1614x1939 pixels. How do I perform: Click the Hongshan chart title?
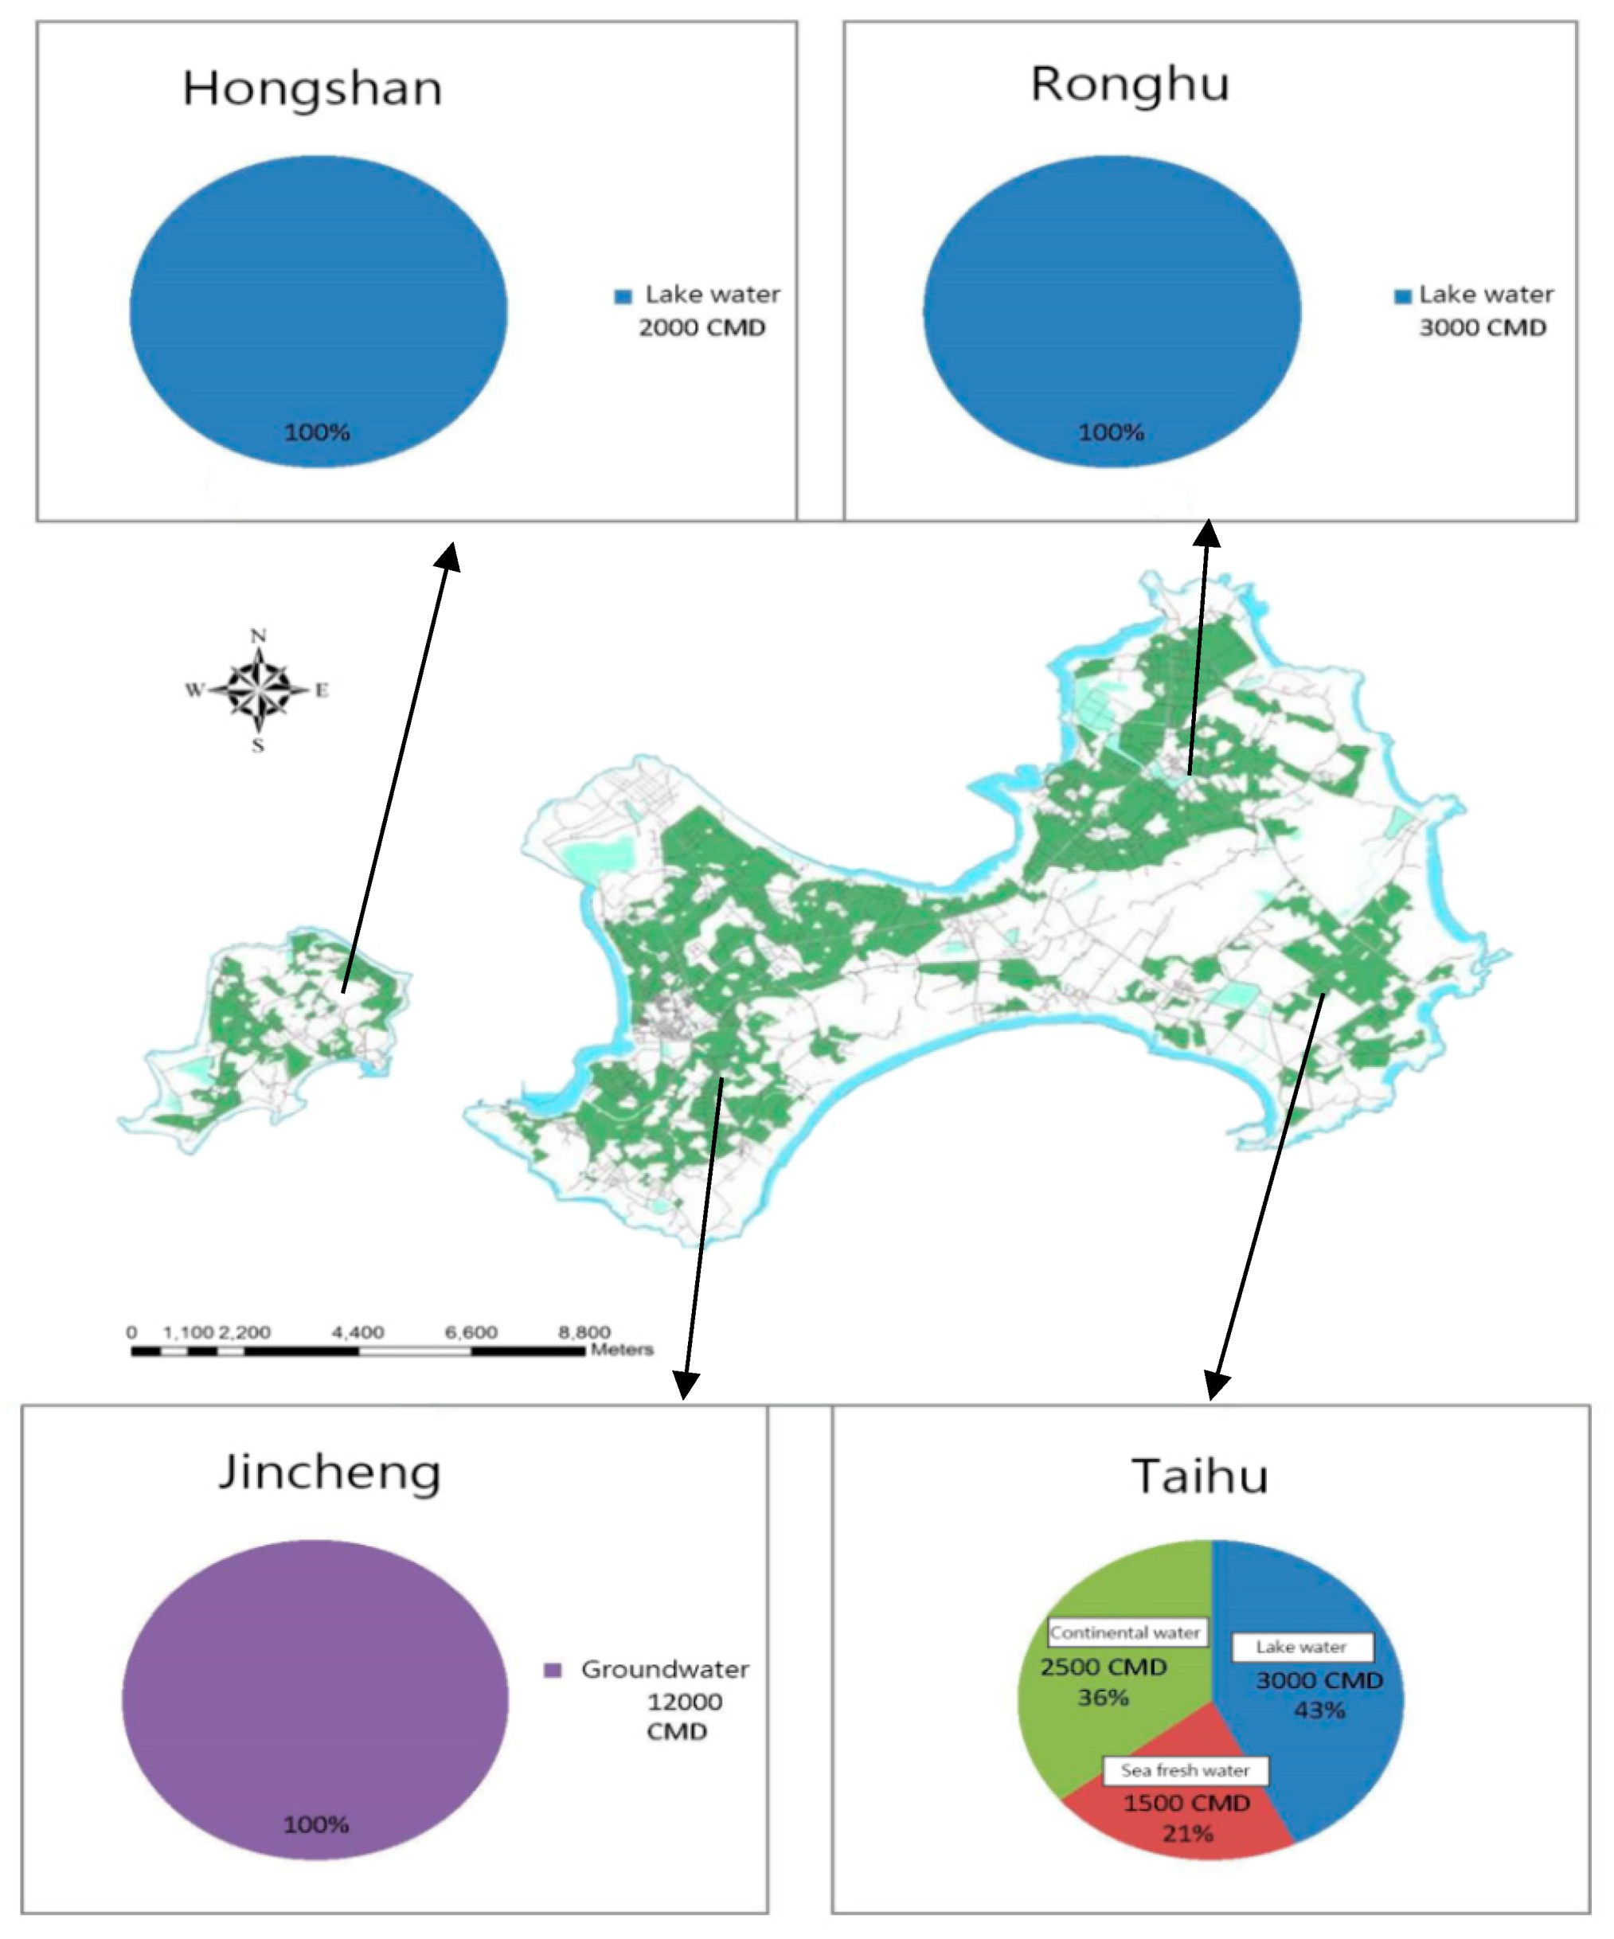pos(312,89)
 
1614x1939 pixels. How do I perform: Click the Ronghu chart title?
pos(1129,86)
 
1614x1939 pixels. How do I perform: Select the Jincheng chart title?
pos(329,1472)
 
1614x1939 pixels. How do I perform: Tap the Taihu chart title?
pos(1199,1476)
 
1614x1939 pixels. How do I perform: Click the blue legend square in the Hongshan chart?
pos(623,296)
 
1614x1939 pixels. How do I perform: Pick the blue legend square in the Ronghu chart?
pos(1402,296)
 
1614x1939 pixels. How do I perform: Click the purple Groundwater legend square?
pos(552,1669)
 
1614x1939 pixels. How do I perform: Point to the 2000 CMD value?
pos(701,328)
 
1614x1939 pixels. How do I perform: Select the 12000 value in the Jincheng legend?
pos(684,1702)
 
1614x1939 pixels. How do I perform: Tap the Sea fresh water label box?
pos(1185,1770)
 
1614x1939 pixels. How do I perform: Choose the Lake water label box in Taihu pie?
pos(1301,1646)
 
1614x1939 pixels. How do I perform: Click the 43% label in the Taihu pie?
pos(1319,1710)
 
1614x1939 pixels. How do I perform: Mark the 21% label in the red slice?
pos(1187,1833)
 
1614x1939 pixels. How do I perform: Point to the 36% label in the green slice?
pos(1103,1697)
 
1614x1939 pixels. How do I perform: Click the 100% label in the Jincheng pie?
pos(316,1824)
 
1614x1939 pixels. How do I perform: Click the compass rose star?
pos(259,689)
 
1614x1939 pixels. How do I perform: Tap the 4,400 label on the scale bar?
pos(358,1332)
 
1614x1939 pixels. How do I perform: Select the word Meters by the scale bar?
pos(621,1350)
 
